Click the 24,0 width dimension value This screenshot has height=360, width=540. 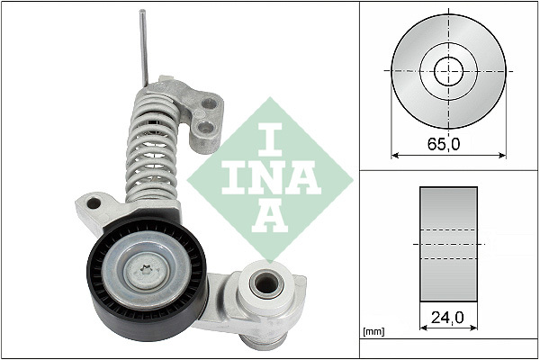pyautogui.click(x=447, y=317)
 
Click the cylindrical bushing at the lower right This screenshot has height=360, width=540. pyautogui.click(x=265, y=284)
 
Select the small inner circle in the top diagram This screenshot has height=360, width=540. pyautogui.click(x=448, y=70)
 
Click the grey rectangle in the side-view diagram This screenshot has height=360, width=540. pyautogui.click(x=448, y=242)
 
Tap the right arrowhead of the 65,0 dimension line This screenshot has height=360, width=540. pyautogui.click(x=502, y=155)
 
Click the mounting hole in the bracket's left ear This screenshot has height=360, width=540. pyautogui.click(x=92, y=204)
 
